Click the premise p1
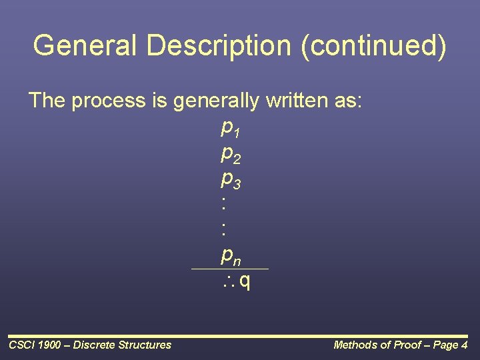(230, 127)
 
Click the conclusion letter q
(245, 282)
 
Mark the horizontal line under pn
(229, 269)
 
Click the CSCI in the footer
(21, 345)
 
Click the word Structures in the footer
(144, 345)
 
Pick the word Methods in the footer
(355, 345)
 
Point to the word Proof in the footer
(405, 345)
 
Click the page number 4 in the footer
(464, 345)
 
